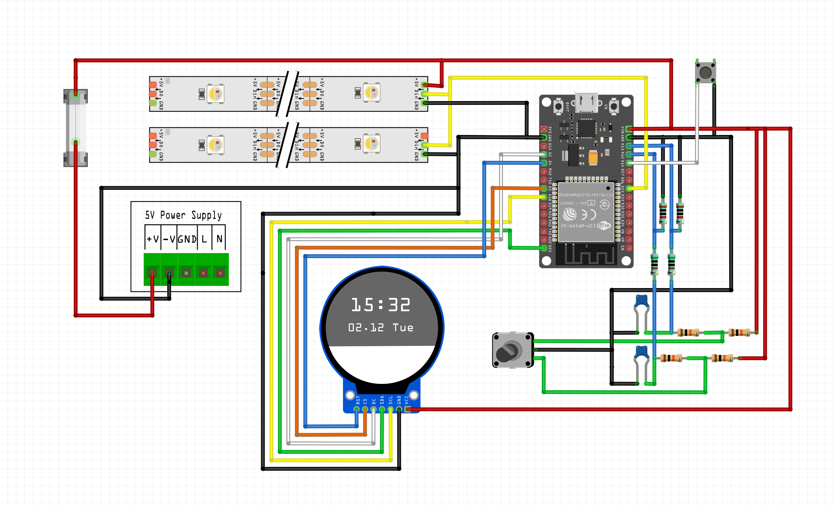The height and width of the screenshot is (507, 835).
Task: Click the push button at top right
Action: [705, 73]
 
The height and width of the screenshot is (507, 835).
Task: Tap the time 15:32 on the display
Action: [381, 305]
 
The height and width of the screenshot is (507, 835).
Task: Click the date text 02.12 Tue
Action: [381, 328]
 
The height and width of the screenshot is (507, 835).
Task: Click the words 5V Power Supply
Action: [183, 215]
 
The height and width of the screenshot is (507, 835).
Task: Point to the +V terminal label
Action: [152, 239]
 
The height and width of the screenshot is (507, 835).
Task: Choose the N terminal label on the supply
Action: [219, 239]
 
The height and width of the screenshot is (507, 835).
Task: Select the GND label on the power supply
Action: [187, 239]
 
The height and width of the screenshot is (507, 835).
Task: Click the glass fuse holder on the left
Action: [76, 128]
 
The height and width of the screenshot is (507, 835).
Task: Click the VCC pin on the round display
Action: [407, 409]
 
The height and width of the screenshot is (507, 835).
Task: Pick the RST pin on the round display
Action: [357, 409]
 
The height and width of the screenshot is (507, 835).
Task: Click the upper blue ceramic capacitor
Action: [642, 301]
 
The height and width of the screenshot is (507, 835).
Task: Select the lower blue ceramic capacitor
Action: [642, 352]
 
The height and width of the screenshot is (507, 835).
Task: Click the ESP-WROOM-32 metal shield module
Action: [586, 212]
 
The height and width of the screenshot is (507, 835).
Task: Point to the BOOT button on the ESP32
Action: [558, 106]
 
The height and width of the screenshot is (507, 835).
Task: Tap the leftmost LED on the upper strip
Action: [215, 93]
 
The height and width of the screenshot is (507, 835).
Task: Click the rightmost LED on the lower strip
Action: [371, 144]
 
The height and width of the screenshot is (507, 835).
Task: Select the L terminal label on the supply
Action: [204, 239]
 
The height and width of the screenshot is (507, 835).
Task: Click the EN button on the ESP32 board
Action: [614, 106]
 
